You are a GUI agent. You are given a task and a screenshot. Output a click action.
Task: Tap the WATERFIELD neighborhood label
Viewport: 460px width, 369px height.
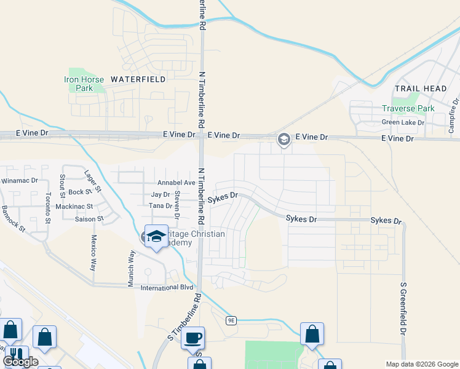138,79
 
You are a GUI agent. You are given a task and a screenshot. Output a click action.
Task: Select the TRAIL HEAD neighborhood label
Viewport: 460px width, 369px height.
421,89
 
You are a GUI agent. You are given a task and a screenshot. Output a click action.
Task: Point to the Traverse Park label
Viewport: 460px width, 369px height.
408,108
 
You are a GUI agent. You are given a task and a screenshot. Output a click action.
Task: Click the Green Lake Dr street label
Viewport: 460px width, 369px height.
403,122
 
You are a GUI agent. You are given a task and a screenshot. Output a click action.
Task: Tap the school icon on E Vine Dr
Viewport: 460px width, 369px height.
284,140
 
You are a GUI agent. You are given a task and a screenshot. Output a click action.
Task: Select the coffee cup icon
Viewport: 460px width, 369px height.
193,338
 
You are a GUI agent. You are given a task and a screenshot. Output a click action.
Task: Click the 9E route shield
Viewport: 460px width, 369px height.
231,320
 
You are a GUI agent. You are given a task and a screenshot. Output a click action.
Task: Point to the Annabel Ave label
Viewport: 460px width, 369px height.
176,183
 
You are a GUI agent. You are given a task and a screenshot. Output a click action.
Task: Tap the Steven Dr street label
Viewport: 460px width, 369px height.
177,205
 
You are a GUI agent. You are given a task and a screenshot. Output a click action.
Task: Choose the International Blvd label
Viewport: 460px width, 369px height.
167,288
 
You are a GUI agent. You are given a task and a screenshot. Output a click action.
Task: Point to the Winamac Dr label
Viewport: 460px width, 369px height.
20,181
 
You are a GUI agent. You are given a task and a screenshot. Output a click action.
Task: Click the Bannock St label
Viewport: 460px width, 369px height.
13,218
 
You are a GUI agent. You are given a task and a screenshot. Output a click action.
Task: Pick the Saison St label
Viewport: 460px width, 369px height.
89,219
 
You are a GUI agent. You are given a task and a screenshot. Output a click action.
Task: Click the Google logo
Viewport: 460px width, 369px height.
20,362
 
